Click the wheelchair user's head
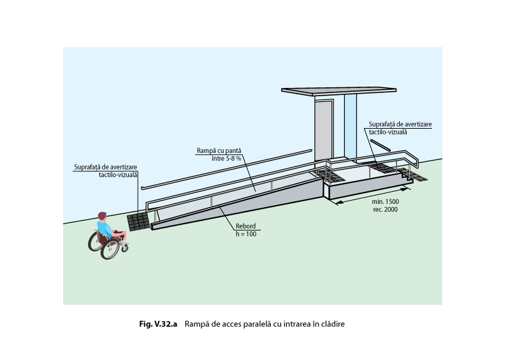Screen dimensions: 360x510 (x=102, y=217)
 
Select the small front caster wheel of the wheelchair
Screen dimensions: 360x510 (x=125, y=247)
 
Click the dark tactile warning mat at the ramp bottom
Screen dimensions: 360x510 (x=138, y=221)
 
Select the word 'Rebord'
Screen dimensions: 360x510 (x=246, y=226)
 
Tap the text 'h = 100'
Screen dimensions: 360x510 (x=246, y=233)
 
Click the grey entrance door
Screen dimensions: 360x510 (x=324, y=130)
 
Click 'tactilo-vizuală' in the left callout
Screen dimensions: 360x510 (x=118, y=174)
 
